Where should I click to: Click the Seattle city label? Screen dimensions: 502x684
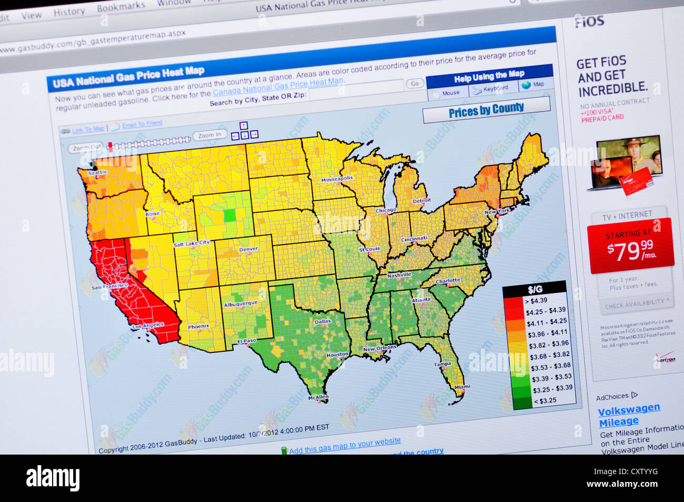coord(98,172)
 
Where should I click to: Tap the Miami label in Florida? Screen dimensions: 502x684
coord(462,387)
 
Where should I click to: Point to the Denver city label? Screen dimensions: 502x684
coord(248,249)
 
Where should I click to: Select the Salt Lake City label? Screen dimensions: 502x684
coord(192,243)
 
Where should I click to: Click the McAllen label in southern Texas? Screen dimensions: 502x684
coord(318,397)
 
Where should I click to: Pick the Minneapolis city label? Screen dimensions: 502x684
coord(337,179)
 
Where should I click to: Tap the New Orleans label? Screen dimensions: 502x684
coord(379,349)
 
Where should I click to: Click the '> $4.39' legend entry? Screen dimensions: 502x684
coord(536,300)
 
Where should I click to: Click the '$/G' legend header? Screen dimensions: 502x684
coord(535,289)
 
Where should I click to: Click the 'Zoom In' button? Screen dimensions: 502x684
coord(210,135)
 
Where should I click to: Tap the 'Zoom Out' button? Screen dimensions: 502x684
coord(87,148)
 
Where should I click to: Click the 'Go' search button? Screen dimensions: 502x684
coord(415,84)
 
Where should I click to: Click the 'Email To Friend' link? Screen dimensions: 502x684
coord(142,124)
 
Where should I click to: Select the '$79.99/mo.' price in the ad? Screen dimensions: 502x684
coord(630,251)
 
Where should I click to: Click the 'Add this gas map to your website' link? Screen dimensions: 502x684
coord(345,446)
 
